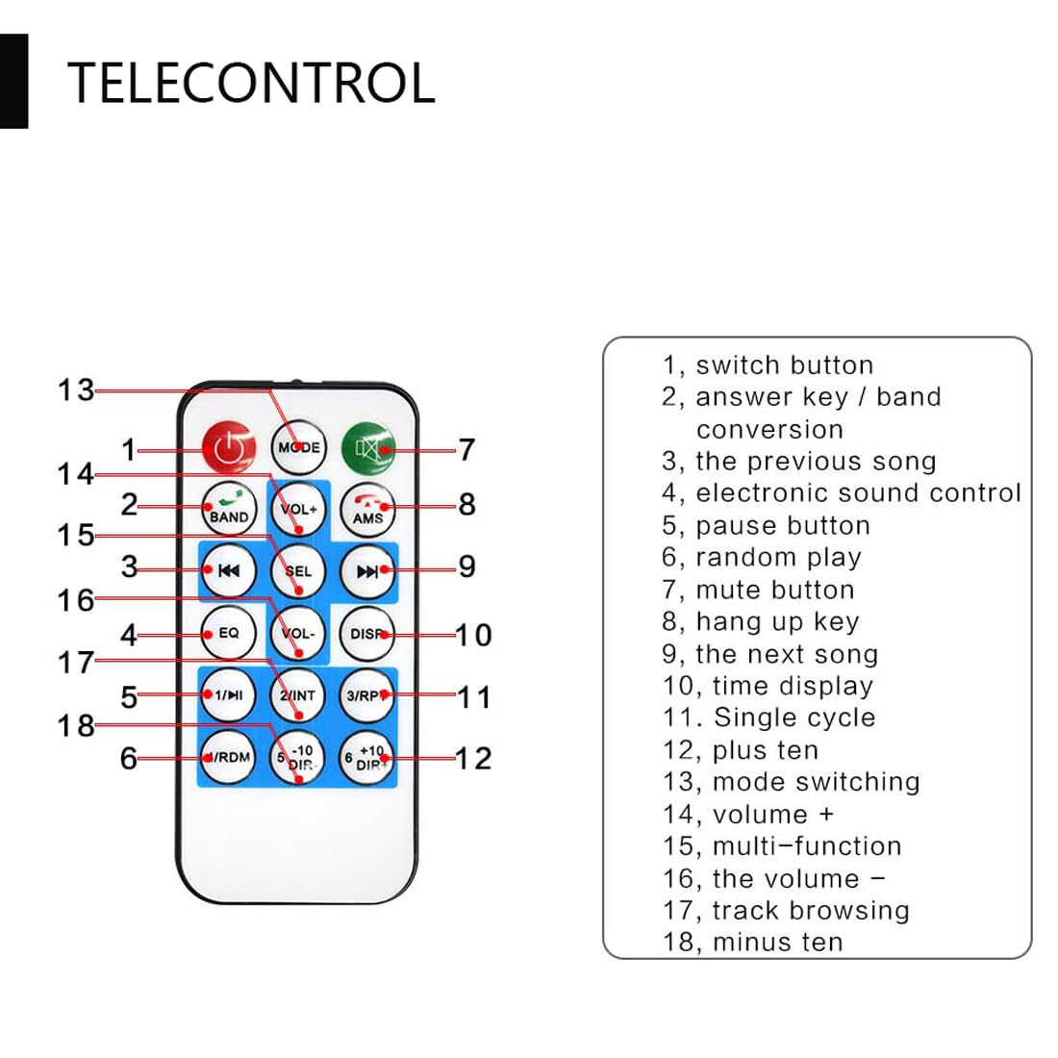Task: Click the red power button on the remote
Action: click(229, 448)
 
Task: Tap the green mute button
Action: click(368, 448)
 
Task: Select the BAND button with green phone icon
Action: click(229, 509)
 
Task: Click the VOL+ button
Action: click(299, 509)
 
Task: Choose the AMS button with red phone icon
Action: click(368, 509)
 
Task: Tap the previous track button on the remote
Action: click(229, 570)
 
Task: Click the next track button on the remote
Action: click(368, 570)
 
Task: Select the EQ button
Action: click(229, 633)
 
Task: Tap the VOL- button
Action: click(299, 634)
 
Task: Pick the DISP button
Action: click(368, 634)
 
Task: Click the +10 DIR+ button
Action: click(368, 758)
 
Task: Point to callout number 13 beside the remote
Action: click(76, 390)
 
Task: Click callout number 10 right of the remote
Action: click(472, 635)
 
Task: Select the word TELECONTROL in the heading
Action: click(251, 83)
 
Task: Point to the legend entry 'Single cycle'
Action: click(768, 718)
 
